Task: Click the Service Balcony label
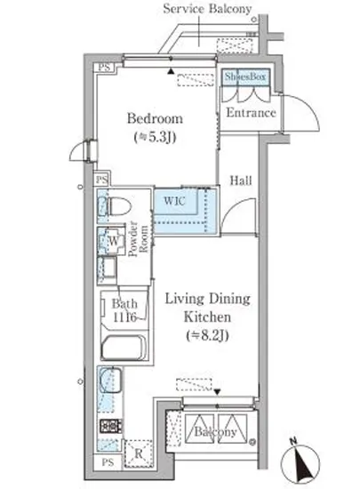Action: click(207, 9)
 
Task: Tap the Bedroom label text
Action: click(155, 118)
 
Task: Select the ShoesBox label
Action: click(245, 76)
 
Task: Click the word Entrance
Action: click(251, 113)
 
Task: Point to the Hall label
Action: click(241, 180)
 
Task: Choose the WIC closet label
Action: click(174, 201)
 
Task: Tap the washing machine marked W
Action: click(111, 241)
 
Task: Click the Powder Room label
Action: click(138, 238)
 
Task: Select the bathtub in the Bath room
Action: click(124, 348)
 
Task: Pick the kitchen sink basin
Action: click(110, 380)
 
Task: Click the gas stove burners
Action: click(110, 426)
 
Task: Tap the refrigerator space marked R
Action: click(139, 453)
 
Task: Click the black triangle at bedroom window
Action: click(170, 71)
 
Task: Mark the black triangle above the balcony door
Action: click(217, 392)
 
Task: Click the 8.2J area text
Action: click(207, 335)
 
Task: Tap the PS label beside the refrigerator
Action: click(108, 461)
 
